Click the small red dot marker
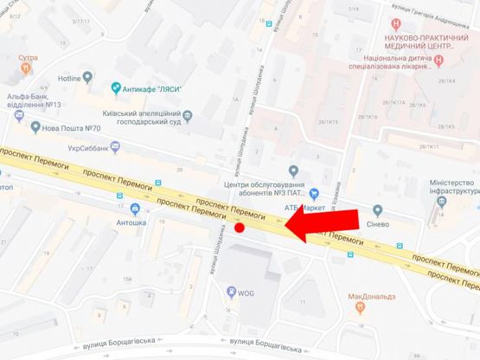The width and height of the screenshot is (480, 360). [x=240, y=228]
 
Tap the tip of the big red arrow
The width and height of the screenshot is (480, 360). [x=285, y=228]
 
